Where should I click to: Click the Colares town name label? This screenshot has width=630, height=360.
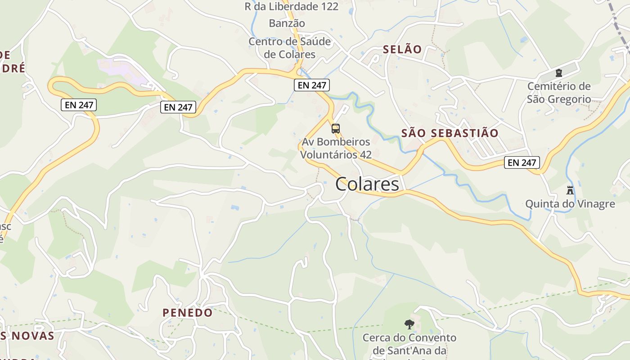[367, 184]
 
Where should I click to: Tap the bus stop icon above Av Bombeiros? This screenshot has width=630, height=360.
[336, 129]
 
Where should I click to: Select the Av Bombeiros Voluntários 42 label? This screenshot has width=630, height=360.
[336, 148]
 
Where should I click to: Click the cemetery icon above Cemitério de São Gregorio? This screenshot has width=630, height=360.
[559, 73]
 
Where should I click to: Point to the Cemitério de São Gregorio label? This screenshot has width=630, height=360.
[559, 93]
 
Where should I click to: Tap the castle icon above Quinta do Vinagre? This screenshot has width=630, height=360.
[570, 190]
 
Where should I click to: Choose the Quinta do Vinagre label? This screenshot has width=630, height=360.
[570, 204]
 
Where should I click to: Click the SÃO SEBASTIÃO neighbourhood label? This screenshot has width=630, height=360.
[450, 133]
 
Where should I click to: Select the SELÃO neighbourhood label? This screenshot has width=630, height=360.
[402, 49]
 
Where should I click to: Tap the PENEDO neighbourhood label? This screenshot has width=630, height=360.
[188, 313]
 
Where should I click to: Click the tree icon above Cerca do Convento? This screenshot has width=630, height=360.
[409, 324]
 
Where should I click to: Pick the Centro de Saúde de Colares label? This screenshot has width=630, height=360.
[290, 48]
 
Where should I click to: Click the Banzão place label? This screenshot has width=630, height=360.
[287, 23]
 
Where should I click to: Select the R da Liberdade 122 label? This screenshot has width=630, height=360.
[291, 7]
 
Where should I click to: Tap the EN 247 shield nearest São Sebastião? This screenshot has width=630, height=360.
[522, 162]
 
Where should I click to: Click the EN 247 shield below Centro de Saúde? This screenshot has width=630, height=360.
[312, 85]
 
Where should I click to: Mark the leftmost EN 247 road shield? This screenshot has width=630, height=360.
[79, 105]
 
